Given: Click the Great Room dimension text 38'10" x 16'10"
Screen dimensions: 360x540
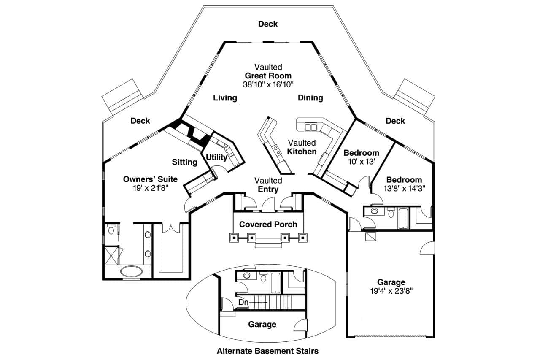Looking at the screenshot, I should click(268, 84).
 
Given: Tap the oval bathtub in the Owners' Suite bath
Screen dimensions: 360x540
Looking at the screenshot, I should click(132, 271).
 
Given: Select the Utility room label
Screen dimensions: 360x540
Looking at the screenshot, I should click(216, 158).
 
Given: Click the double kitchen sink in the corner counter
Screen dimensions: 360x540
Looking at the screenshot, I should click(311, 127).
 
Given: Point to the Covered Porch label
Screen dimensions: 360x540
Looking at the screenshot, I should click(268, 225).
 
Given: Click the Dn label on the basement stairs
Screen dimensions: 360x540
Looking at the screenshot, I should click(243, 302).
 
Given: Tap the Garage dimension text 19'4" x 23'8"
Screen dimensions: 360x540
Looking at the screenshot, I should click(391, 291).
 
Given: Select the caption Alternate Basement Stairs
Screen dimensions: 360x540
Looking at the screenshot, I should click(267, 351).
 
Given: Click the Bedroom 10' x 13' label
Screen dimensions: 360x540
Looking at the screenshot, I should click(361, 157).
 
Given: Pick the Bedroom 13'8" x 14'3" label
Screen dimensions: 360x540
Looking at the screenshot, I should click(404, 184).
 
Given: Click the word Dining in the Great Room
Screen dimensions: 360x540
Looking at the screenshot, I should click(310, 98).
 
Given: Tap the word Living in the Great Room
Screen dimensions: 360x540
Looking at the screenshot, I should click(225, 98).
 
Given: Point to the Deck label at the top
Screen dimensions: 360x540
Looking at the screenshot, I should click(268, 24).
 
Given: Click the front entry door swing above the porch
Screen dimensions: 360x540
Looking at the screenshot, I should click(267, 206).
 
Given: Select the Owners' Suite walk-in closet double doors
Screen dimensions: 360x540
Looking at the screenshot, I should click(171, 228).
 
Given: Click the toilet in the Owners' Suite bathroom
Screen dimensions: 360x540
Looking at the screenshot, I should click(111, 230).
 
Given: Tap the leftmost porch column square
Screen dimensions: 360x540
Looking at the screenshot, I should click(234, 238).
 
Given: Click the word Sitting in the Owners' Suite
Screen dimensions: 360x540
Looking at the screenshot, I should click(184, 162).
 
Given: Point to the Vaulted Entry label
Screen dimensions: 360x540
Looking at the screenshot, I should click(268, 185).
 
